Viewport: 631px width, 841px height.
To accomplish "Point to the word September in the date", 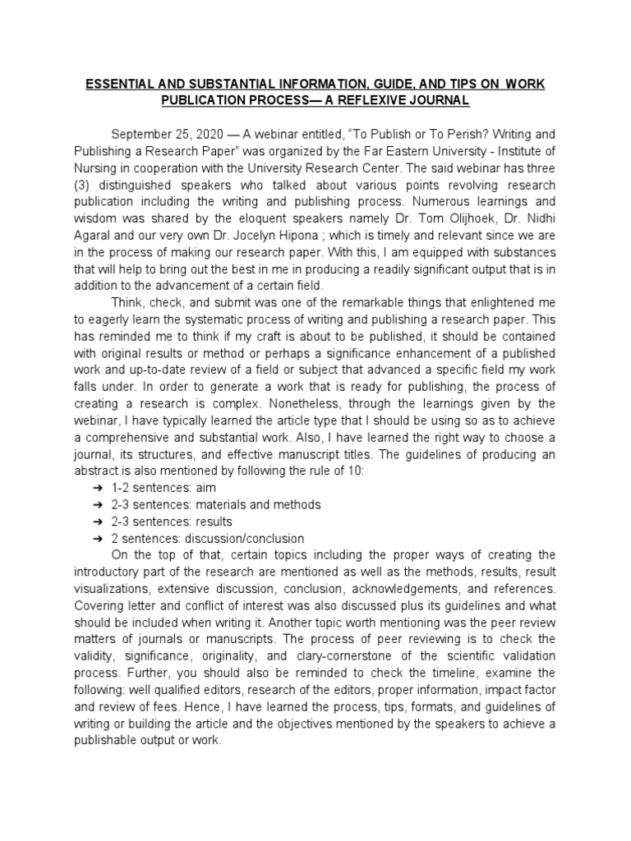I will (x=142, y=133).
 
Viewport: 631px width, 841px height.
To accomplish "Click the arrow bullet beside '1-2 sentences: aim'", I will (x=98, y=487).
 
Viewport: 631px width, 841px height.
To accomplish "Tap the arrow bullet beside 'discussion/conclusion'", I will (x=98, y=539).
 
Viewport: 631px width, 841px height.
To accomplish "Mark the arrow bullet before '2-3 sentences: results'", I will (x=98, y=522).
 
